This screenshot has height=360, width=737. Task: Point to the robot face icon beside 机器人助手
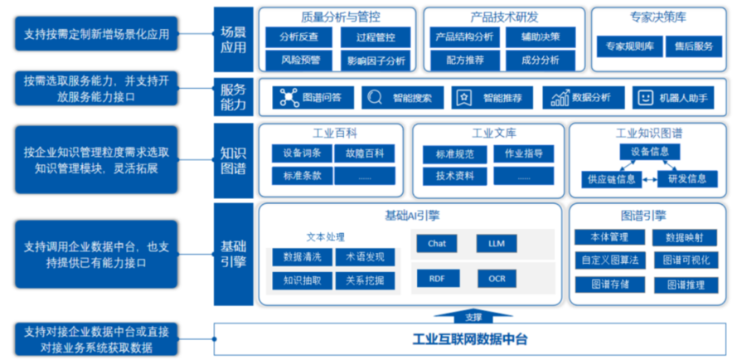(646, 98)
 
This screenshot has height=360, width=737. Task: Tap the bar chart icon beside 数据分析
(560, 98)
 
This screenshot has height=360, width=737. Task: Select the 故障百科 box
(365, 153)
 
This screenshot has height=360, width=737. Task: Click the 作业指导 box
(523, 153)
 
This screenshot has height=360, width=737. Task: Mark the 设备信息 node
(649, 152)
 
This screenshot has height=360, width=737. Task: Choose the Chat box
(437, 244)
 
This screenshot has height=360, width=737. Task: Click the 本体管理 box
(609, 237)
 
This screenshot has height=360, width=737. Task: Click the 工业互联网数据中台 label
(470, 339)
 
